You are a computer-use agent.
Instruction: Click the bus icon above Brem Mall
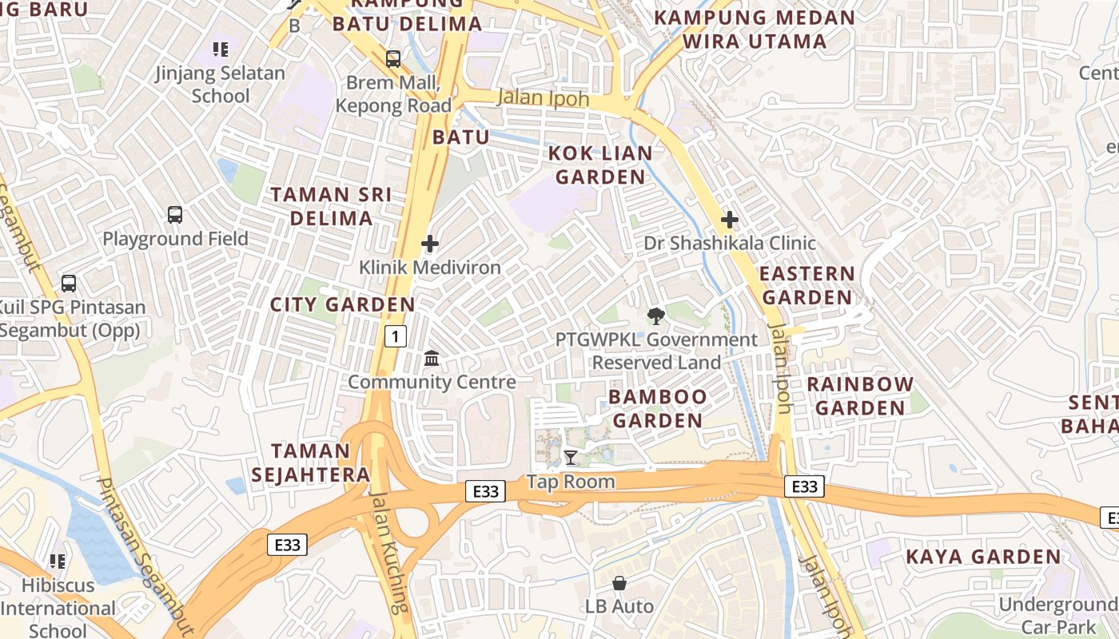point(393,58)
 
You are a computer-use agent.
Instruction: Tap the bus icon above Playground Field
point(175,214)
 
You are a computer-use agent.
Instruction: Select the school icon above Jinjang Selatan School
point(221,50)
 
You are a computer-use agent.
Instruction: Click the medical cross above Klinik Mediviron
point(430,244)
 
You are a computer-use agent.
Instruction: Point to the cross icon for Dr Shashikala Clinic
point(729,219)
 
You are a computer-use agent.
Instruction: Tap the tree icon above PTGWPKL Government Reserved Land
point(656,316)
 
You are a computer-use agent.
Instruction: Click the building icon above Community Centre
point(432,358)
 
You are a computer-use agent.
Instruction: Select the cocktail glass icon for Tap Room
point(571,458)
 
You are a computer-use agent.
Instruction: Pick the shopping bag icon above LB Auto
point(619,583)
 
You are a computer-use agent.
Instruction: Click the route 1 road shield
point(395,336)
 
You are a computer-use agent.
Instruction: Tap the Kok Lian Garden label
point(600,165)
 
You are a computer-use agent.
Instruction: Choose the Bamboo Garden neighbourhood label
point(658,408)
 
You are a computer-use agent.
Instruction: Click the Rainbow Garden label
point(860,396)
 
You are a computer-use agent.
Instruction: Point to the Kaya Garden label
point(983,557)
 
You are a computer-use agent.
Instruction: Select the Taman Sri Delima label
point(331,206)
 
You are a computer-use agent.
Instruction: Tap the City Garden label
point(343,304)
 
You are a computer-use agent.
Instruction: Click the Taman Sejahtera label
point(311,462)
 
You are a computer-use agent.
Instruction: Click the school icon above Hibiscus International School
point(58,562)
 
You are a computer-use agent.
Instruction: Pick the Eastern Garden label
point(806,285)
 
